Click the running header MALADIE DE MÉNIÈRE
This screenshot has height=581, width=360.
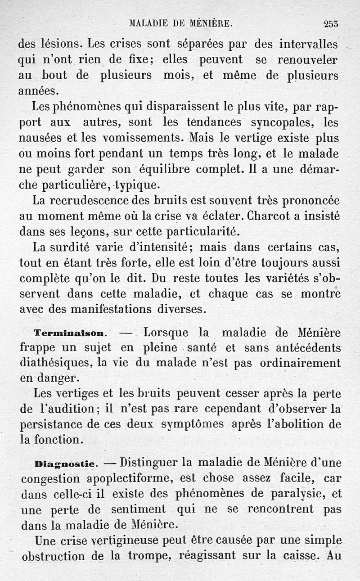pos(180,23)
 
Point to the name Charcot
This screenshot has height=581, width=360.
pos(268,216)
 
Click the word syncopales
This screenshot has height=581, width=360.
pos(283,122)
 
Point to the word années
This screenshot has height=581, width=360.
pos(39,91)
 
